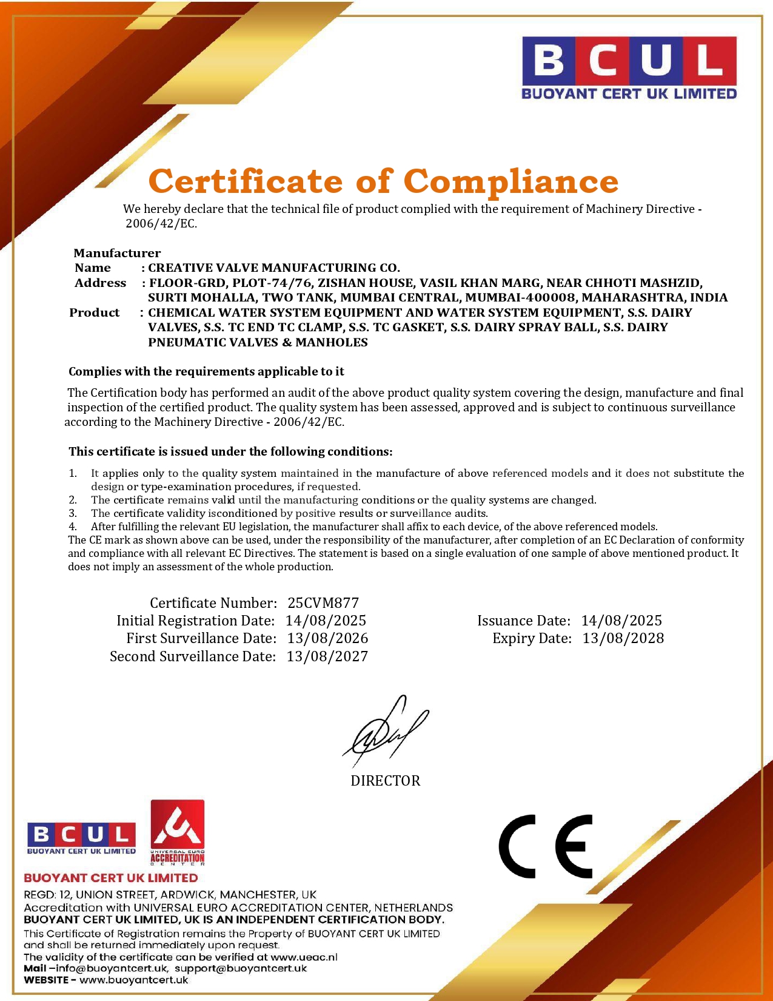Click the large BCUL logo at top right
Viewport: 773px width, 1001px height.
[629, 67]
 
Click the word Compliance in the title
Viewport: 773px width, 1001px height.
[510, 181]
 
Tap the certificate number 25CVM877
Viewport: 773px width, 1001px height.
[323, 603]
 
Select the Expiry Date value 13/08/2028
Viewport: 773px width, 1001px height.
[623, 638]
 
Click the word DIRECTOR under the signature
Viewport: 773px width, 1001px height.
[386, 781]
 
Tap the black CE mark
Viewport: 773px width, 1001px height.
[546, 846]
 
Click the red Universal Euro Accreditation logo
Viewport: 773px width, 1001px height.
[177, 832]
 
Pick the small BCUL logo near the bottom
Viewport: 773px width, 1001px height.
[81, 838]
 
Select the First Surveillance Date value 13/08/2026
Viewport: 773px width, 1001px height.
[327, 638]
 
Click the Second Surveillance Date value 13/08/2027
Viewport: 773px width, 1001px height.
[327, 656]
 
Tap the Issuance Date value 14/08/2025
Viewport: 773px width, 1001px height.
[621, 621]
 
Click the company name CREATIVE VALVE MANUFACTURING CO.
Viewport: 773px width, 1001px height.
[274, 268]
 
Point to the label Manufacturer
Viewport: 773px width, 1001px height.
[117, 253]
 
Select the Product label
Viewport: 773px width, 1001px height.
[95, 312]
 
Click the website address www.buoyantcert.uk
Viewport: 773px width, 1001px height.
[133, 980]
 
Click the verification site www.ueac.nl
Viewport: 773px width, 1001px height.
[303, 957]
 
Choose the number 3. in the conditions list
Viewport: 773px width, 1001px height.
[73, 513]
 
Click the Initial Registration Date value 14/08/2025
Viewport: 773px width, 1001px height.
[326, 621]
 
